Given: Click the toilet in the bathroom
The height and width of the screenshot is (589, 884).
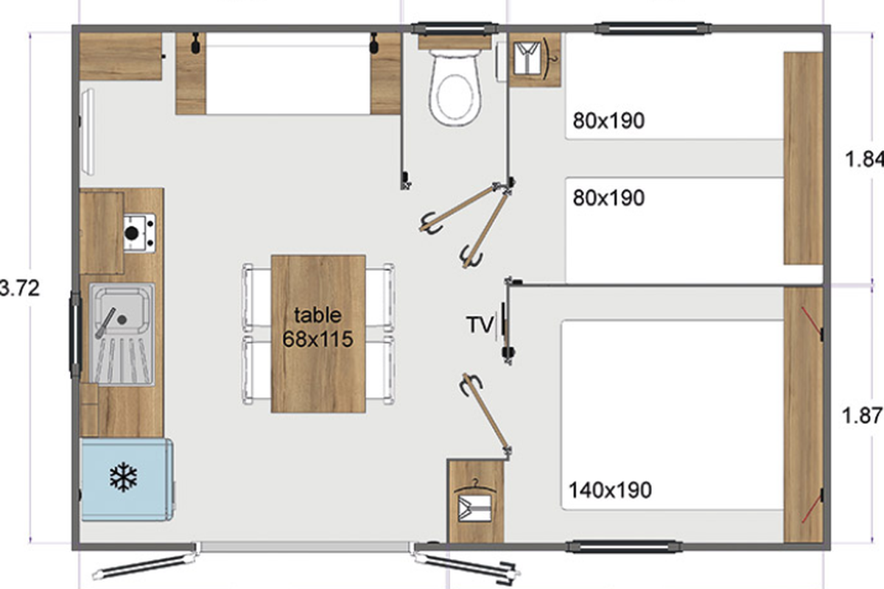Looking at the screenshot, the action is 455,87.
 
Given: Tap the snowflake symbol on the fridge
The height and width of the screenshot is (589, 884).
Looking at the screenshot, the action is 124,477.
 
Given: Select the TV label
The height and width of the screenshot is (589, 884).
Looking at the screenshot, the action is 480,325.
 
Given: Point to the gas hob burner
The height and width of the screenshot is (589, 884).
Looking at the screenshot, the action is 132,233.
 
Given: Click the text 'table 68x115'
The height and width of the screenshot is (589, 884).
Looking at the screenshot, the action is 318,328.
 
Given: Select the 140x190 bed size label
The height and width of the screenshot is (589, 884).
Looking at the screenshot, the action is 610,490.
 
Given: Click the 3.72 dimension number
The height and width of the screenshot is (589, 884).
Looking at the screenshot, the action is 20,288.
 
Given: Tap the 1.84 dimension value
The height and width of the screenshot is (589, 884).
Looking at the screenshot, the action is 864,160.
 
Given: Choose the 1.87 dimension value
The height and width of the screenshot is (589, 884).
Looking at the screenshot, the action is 863,415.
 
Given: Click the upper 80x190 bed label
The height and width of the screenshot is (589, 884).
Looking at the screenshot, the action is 608,121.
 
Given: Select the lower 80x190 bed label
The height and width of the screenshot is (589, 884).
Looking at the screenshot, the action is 608,197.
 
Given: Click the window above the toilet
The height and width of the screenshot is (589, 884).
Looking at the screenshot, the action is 455,29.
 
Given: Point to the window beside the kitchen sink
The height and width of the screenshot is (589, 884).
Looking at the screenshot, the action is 75,334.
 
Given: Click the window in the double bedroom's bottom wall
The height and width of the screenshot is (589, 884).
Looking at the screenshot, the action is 624,547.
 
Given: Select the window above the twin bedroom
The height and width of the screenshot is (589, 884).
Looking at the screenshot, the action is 653,29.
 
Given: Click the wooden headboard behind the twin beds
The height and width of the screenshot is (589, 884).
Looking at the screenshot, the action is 803,158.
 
